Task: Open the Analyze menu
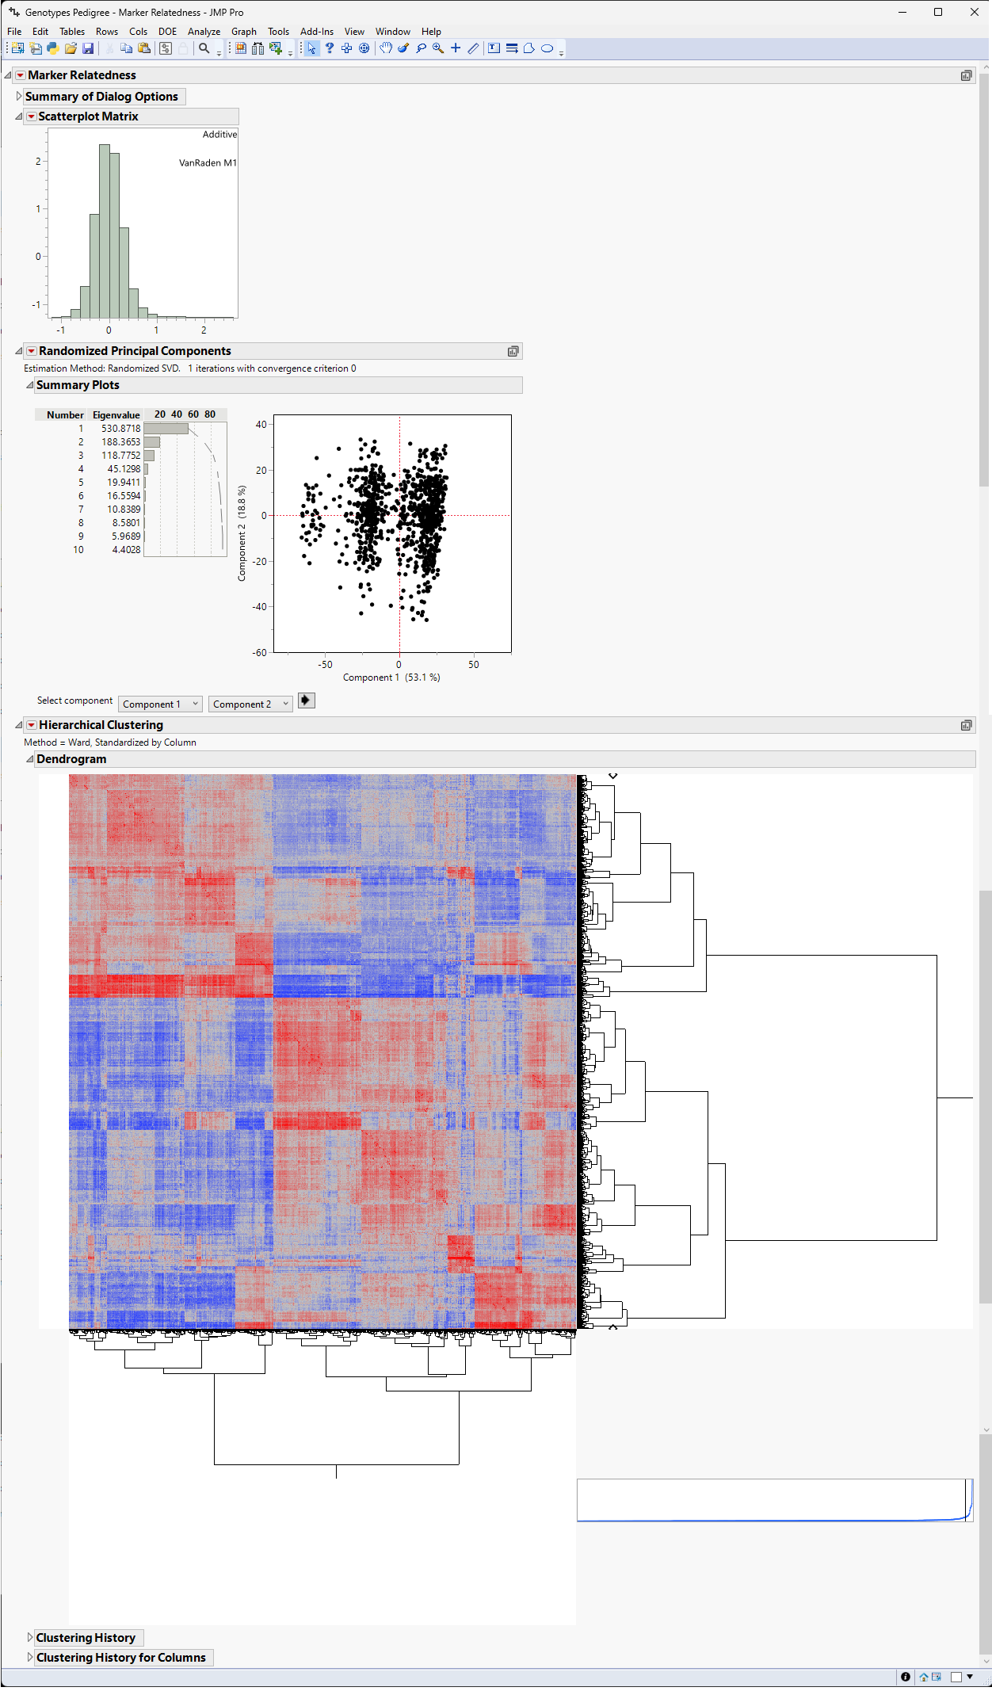(204, 32)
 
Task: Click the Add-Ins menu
(316, 32)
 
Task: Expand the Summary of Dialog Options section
(19, 97)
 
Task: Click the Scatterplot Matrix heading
(88, 116)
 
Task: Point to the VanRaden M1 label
(208, 163)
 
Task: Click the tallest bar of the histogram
(105, 230)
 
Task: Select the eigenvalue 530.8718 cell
(120, 429)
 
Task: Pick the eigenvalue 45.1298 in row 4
(124, 469)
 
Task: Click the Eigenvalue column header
(116, 415)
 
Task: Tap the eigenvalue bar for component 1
(166, 429)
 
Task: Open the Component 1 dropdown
(161, 704)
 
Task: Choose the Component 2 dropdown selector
(250, 704)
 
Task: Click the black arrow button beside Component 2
(306, 700)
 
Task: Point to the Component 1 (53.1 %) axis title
(391, 678)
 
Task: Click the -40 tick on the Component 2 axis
(261, 607)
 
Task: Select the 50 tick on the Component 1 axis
(473, 665)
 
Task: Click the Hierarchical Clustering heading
(101, 725)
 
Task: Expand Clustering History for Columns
(30, 1657)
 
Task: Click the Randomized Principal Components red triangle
(32, 351)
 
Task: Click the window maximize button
(938, 12)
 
